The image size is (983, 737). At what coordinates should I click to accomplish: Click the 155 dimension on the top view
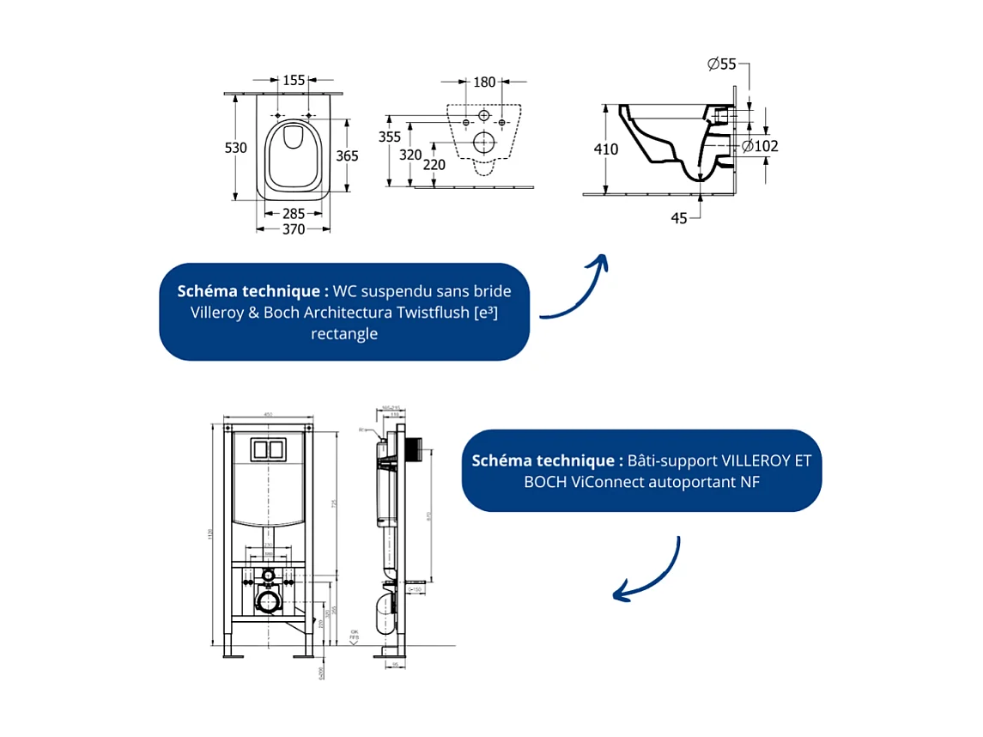point(294,81)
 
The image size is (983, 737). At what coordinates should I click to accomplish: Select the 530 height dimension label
point(236,148)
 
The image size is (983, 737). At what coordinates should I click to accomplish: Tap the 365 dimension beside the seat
point(347,156)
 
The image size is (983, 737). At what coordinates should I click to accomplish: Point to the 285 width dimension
point(294,212)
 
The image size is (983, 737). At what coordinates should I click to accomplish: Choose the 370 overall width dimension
point(294,228)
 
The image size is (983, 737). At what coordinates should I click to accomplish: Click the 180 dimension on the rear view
point(485,82)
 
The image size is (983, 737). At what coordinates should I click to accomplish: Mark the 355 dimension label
point(390,137)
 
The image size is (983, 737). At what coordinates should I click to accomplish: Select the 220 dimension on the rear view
point(434,164)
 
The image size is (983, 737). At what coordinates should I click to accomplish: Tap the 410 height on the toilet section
point(606,149)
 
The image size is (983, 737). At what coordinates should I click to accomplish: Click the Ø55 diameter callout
point(721,63)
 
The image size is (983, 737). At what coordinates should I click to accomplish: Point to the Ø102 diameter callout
point(761,146)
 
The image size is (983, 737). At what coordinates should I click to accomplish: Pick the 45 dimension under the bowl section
point(679,218)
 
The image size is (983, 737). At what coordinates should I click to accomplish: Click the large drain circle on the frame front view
point(268,601)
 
